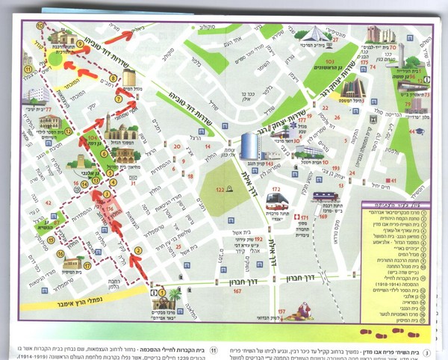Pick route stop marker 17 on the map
87,265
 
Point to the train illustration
326,197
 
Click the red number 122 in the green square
220,191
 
